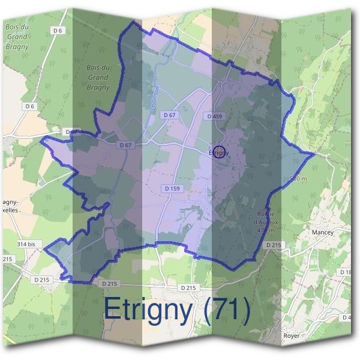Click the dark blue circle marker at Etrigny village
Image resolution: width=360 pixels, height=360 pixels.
click(219, 152)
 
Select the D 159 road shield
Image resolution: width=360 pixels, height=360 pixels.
click(172, 188)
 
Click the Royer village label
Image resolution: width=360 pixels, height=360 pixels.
click(291, 335)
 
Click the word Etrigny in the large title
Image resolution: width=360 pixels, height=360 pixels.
click(148, 310)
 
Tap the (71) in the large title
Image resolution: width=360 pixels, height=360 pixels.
click(227, 310)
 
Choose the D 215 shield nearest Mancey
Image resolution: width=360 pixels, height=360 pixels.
click(274, 245)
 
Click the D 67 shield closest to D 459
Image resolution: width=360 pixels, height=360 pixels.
click(170, 115)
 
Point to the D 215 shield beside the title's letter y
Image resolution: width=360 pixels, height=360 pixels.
click(188, 288)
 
